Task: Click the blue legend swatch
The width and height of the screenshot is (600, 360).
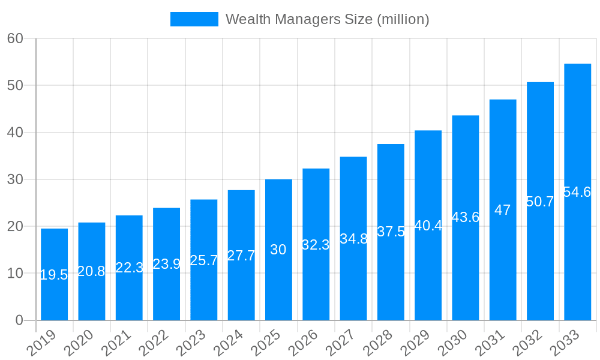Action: (x=194, y=19)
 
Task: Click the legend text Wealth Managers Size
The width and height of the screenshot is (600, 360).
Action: (x=327, y=19)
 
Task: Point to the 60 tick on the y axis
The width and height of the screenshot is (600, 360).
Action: (x=15, y=38)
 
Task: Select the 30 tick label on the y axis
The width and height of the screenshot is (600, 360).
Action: (x=15, y=179)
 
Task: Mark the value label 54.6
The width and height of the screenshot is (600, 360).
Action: (x=577, y=192)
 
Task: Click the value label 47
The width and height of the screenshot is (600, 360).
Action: (x=503, y=210)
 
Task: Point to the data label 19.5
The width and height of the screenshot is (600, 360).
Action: (x=54, y=275)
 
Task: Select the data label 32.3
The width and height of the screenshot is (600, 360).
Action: (x=316, y=245)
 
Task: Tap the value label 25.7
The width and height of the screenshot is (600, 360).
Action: (x=204, y=260)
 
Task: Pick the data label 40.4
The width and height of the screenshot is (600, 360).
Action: (x=428, y=226)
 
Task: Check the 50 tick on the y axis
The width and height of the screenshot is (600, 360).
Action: (x=15, y=85)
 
